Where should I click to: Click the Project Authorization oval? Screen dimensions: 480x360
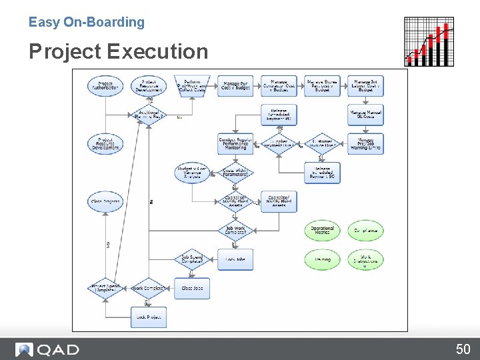(x=105, y=86)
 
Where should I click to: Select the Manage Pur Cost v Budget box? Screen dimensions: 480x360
(x=235, y=86)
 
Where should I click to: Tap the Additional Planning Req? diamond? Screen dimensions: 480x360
(x=148, y=115)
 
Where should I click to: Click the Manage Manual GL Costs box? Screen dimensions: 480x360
(x=365, y=115)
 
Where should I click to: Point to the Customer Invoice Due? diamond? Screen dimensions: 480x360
(x=322, y=144)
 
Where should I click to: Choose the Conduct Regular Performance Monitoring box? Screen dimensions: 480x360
(x=235, y=144)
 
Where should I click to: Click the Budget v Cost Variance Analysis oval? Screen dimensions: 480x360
(x=192, y=173)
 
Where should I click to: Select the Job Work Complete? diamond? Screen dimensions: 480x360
(x=235, y=231)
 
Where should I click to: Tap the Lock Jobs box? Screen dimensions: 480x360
(x=235, y=259)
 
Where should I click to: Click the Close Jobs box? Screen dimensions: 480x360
(x=192, y=289)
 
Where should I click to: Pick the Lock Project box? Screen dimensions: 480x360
(x=148, y=317)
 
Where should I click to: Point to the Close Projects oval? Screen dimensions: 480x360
(x=105, y=202)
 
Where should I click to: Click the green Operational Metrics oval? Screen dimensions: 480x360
(x=322, y=231)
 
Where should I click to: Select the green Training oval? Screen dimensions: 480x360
(x=322, y=259)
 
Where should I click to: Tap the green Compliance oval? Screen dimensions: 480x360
(x=365, y=231)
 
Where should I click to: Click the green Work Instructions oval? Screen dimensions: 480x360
(x=365, y=259)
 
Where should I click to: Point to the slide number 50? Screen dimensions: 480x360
(x=463, y=349)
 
